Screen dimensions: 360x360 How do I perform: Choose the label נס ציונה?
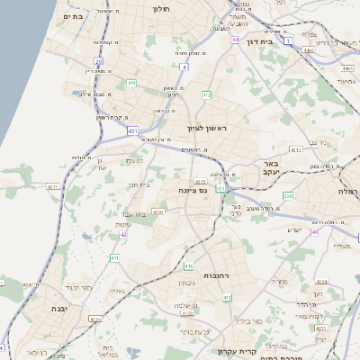tap(193, 190)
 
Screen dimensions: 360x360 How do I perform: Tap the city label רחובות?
tap(219, 274)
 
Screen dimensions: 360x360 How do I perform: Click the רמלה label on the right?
tap(349, 192)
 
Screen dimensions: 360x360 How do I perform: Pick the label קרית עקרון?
tap(265, 350)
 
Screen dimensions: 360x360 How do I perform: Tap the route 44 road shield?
tap(235, 40)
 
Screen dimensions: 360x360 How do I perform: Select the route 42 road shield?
tap(123, 235)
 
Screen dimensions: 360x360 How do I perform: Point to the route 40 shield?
tap(315, 231)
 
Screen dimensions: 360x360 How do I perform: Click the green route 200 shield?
tap(289, 195)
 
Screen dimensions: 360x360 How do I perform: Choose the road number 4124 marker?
tap(95, 319)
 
